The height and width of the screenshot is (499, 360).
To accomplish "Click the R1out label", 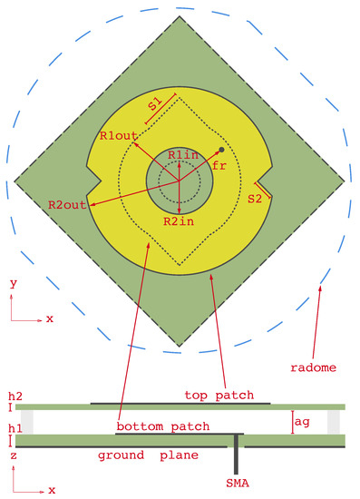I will (x=119, y=135).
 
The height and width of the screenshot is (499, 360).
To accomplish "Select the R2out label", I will (x=66, y=205).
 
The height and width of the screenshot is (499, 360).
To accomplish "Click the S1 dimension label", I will (x=156, y=104).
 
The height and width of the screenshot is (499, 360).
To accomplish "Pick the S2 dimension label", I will (x=255, y=198).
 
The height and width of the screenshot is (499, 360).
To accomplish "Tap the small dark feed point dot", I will (x=221, y=149).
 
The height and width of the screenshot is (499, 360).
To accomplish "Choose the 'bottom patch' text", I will (x=163, y=426).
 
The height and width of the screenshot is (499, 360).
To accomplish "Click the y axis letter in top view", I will (x=13, y=284).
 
